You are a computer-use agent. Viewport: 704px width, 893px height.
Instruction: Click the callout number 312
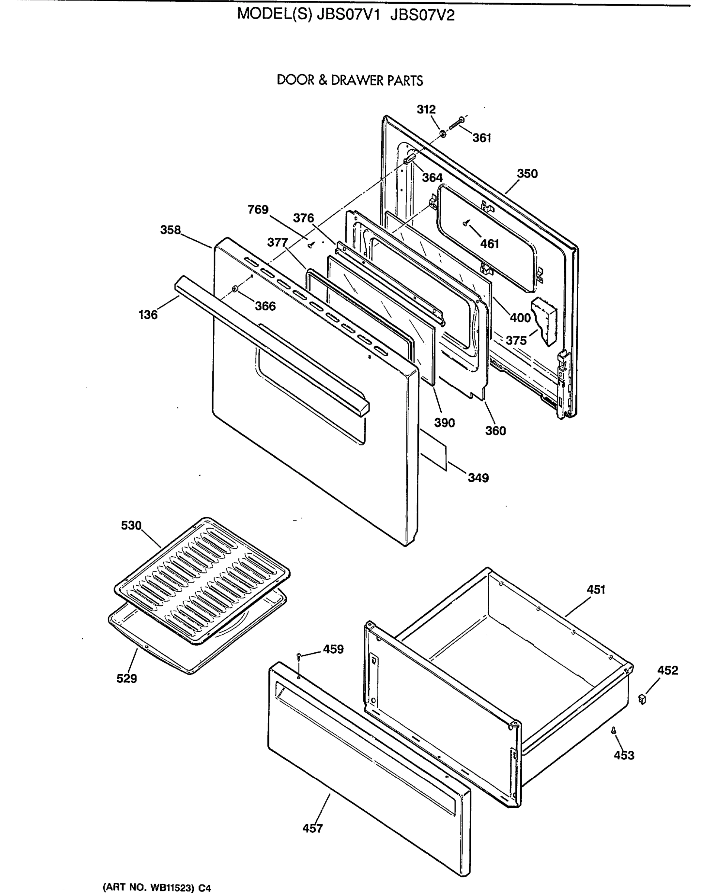click(x=426, y=110)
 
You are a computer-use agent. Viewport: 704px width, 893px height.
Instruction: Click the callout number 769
click(x=258, y=209)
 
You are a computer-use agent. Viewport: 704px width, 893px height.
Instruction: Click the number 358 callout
click(x=171, y=230)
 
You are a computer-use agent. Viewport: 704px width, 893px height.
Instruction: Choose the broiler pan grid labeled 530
click(x=202, y=579)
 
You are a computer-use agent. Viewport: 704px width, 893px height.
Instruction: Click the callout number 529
click(x=126, y=679)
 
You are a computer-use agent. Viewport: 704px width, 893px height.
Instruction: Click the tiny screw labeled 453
click(x=614, y=730)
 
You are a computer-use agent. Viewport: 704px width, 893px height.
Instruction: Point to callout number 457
click(x=312, y=828)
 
